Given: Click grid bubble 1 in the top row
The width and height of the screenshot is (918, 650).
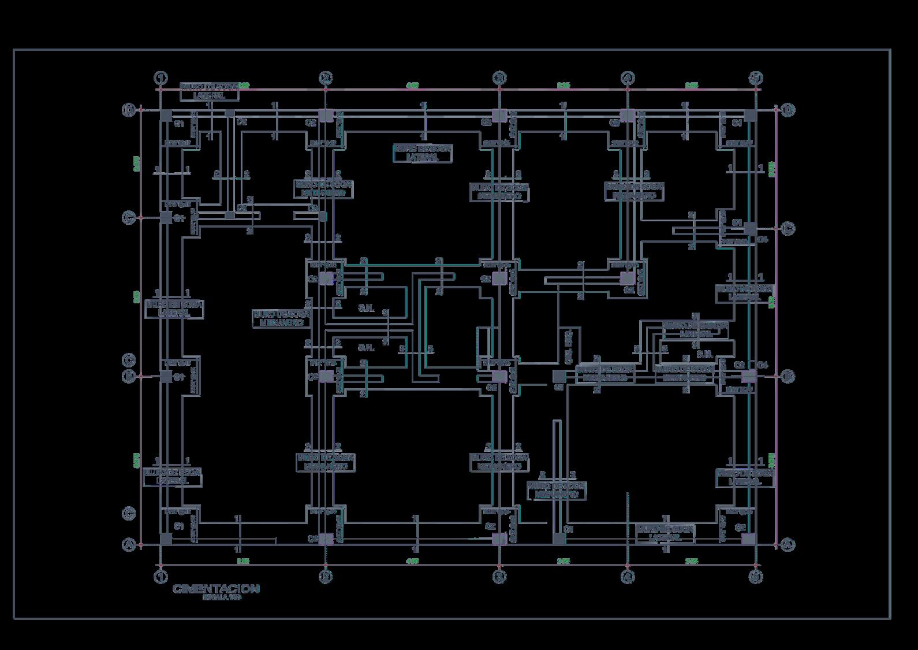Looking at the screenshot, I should [161, 78].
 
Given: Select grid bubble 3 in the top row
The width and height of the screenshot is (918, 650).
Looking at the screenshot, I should [499, 78].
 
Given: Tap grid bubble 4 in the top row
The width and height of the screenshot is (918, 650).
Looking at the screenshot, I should [628, 78].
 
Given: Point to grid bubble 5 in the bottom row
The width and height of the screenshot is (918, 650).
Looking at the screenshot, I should [756, 576].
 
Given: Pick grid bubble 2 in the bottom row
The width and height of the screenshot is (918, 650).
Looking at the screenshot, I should [326, 576].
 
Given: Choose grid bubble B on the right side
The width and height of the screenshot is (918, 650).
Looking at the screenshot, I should [788, 377].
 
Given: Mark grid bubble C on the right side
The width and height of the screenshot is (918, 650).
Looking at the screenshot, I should [788, 229].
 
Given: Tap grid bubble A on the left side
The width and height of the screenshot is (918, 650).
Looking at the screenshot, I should [129, 544].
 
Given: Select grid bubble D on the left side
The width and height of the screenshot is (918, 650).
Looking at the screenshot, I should [129, 110].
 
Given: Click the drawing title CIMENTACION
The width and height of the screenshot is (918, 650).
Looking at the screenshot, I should [216, 589].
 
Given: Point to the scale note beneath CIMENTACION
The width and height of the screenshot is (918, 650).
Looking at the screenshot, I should [222, 599].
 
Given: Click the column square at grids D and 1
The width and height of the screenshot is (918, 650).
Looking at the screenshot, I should [166, 116].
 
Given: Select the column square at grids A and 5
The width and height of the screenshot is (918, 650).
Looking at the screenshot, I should [748, 539].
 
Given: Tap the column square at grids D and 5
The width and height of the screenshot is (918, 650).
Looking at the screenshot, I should [749, 116].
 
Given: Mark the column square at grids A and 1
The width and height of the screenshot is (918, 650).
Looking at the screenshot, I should [166, 539].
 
